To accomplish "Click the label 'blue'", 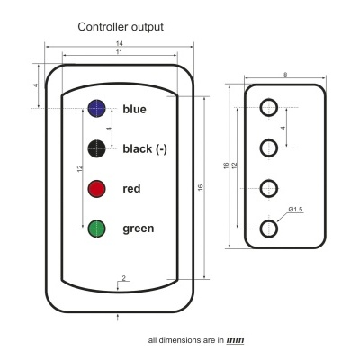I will pyautogui.click(x=134, y=110).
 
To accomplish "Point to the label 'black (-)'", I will pyautogui.click(x=145, y=149).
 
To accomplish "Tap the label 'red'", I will pyautogui.click(x=132, y=189).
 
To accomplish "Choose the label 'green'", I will pyautogui.click(x=139, y=229).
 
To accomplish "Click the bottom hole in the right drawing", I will pyautogui.click(x=268, y=229).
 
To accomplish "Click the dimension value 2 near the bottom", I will pyautogui.click(x=123, y=279).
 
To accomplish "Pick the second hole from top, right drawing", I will pyautogui.click(x=268, y=148).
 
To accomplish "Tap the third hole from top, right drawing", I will pyautogui.click(x=268, y=189).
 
